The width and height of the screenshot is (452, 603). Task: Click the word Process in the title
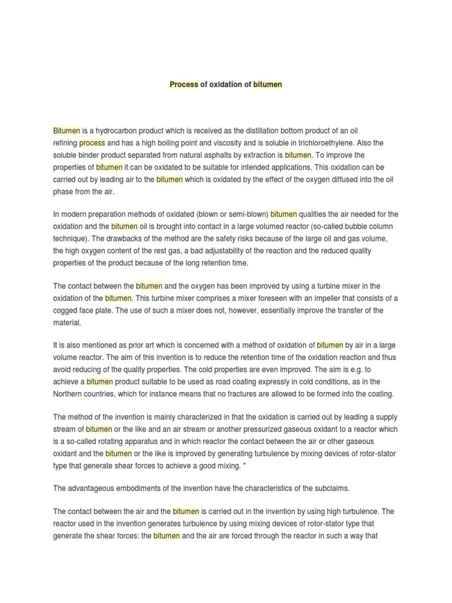pos(184,84)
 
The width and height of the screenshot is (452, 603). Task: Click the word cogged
pos(66,310)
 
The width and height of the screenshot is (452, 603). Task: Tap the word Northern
pos(69,394)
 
